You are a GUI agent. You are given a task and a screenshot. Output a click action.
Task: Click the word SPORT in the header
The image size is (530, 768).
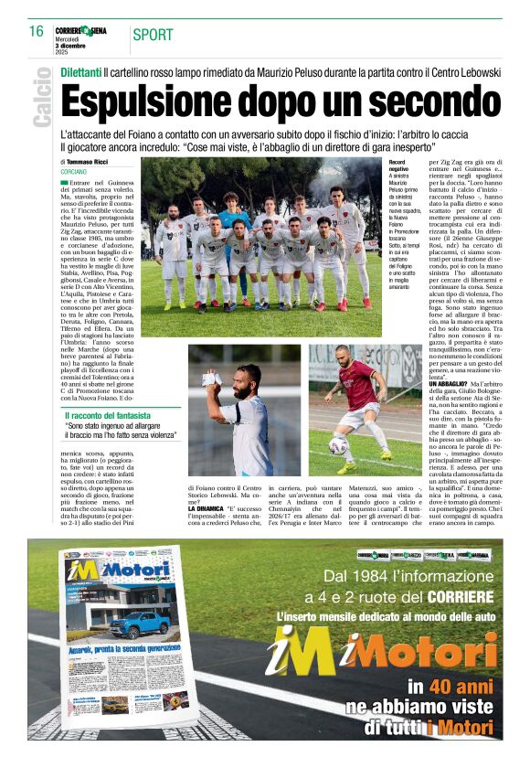click(153, 35)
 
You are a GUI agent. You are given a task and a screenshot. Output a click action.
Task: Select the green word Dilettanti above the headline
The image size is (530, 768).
click(80, 71)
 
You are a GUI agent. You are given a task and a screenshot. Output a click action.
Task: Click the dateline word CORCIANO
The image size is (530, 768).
click(74, 171)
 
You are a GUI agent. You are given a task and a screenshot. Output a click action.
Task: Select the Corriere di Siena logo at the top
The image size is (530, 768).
click(81, 30)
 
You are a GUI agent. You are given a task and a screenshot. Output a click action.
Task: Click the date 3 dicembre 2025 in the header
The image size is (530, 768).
click(69, 43)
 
